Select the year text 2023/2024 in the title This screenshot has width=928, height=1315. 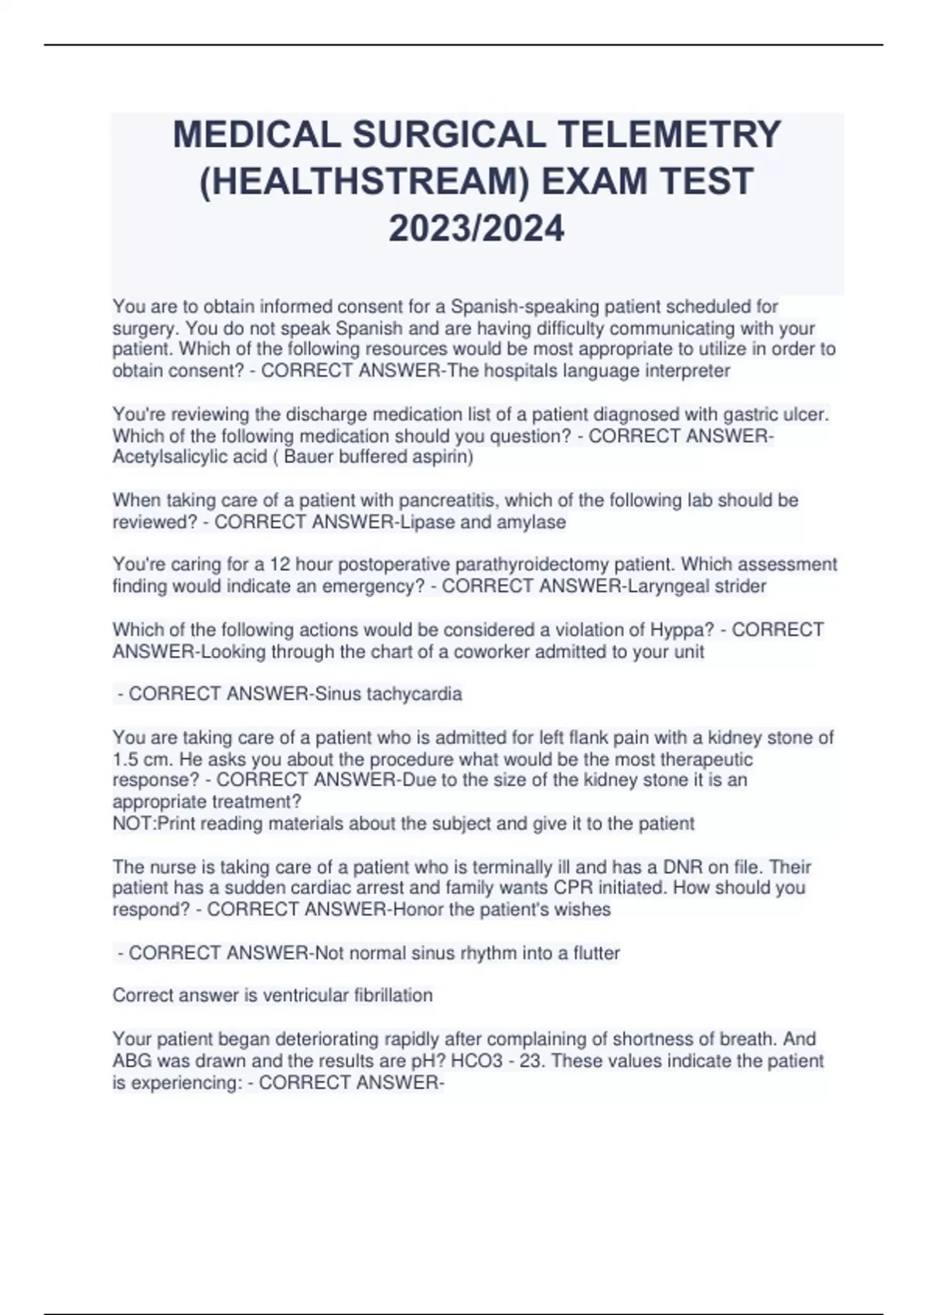coord(476,229)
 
